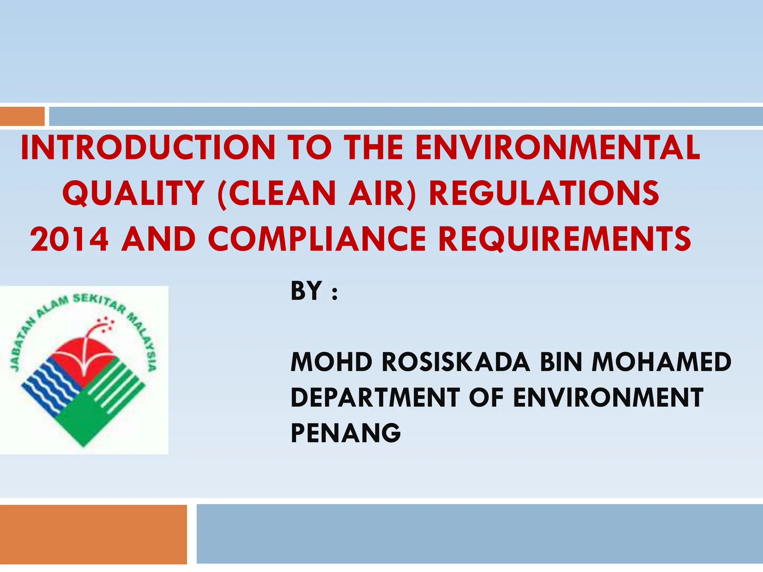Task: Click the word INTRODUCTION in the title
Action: [x=148, y=148]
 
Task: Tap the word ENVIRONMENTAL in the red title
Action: [x=558, y=148]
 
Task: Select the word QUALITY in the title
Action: [x=133, y=193]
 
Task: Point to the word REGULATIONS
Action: [x=544, y=193]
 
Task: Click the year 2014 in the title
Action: [x=70, y=239]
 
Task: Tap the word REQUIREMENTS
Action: [x=565, y=239]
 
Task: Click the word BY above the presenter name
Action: [x=306, y=291]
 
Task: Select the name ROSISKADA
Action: [x=456, y=362]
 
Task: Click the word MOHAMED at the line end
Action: [x=662, y=362]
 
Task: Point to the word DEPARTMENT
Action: [x=375, y=397]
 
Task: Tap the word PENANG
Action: [x=346, y=433]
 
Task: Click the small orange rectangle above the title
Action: [x=22, y=116]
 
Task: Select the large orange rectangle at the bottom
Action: [x=93, y=534]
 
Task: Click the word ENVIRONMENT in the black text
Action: [x=608, y=397]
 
